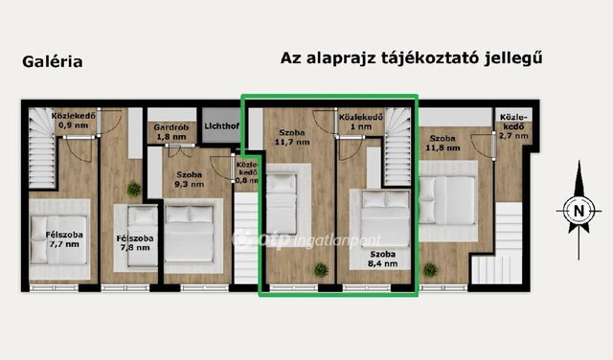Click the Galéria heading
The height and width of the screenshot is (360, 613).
(x=53, y=62)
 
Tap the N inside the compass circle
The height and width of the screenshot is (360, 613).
(x=579, y=211)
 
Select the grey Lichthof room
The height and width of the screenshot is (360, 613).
(x=221, y=125)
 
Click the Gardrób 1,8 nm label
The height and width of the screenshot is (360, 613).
(x=171, y=132)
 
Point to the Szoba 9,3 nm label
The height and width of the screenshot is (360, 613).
(x=190, y=179)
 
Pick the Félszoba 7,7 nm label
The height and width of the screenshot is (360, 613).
(x=64, y=239)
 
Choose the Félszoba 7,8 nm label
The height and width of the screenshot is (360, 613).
(x=135, y=243)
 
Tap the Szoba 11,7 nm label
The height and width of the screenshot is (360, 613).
(x=292, y=137)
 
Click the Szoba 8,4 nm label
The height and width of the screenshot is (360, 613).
(x=383, y=259)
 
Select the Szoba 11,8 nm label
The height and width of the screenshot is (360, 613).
(x=443, y=143)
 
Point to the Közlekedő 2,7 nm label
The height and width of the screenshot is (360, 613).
(x=513, y=126)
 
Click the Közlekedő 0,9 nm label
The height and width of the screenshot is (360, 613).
(x=74, y=121)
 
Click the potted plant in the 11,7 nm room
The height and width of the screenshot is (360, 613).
(x=321, y=269)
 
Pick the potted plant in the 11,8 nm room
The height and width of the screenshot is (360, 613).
(x=430, y=269)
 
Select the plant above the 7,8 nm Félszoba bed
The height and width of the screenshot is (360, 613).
(x=134, y=190)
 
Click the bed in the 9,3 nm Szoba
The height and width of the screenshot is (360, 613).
(x=190, y=234)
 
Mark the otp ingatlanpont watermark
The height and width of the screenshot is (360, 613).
(x=306, y=239)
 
